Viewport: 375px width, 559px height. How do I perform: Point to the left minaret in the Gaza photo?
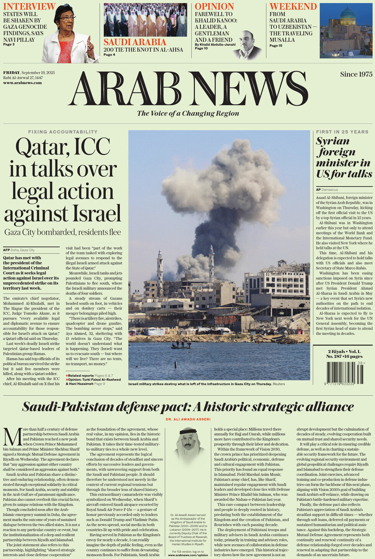[160, 268]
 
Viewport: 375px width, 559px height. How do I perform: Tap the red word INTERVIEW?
[29, 7]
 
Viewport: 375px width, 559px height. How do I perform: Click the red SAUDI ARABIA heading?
[135, 42]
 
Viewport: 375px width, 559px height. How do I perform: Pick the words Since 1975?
[356, 74]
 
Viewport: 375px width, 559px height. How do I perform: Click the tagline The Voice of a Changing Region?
[188, 113]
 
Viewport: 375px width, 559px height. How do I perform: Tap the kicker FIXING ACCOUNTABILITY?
[63, 132]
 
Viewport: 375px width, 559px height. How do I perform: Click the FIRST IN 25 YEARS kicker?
[342, 132]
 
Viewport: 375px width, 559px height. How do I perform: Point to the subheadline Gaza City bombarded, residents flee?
[63, 232]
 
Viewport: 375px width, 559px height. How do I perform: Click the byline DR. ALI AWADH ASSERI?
[188, 419]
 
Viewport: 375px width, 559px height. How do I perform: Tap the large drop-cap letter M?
[11, 436]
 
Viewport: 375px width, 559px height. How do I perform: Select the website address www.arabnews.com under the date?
[17, 83]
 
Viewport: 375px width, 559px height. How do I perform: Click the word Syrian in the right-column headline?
[333, 141]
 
